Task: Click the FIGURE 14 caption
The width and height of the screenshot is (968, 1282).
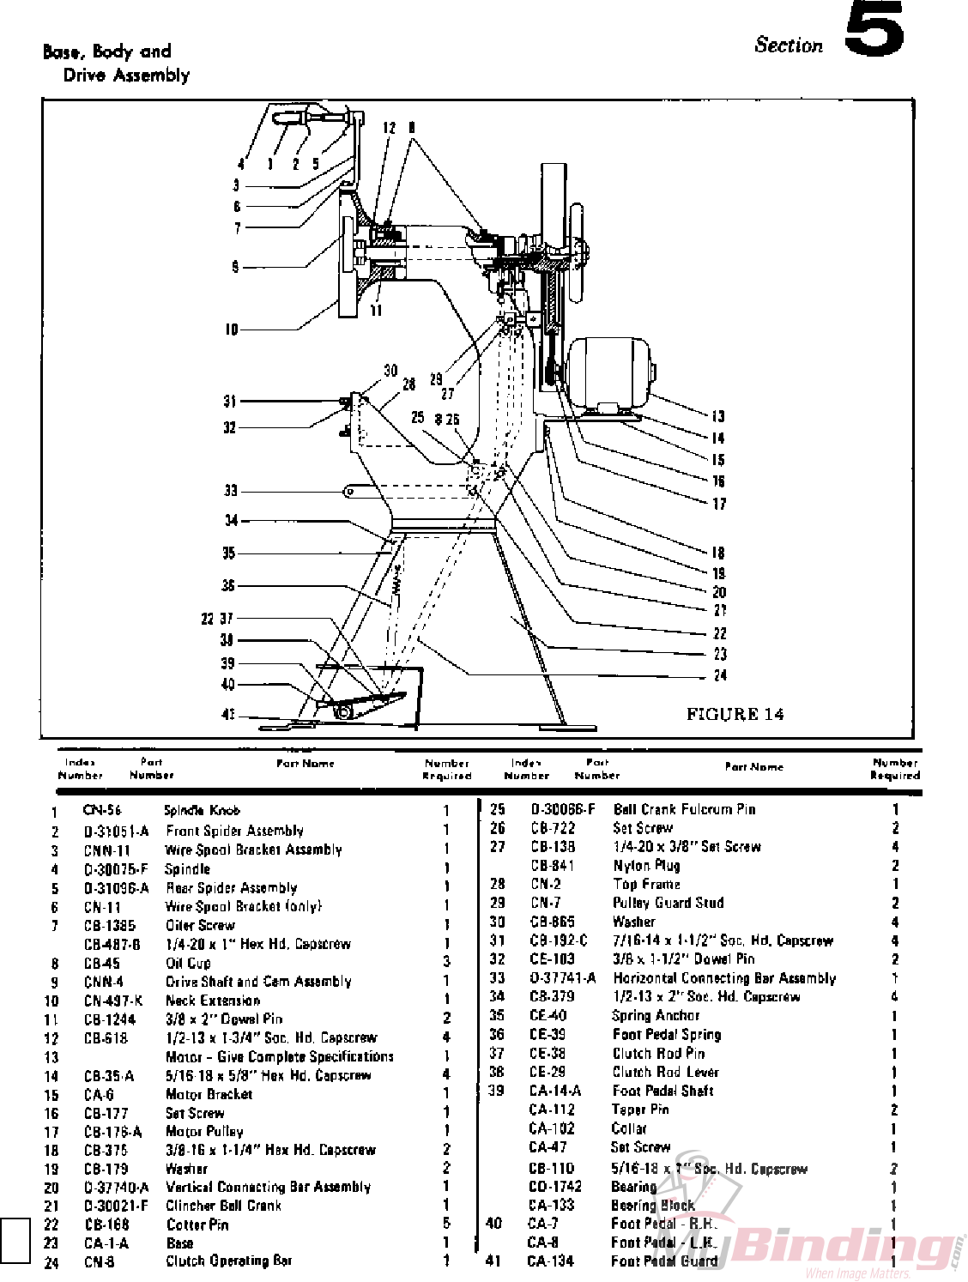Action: point(735,714)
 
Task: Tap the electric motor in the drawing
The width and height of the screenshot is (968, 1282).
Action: point(609,371)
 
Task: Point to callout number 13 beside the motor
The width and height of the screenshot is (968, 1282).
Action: point(717,416)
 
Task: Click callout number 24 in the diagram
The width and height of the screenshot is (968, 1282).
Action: point(719,675)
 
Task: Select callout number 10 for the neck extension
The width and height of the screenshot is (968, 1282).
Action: point(231,329)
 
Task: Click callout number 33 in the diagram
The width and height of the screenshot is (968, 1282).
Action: point(230,491)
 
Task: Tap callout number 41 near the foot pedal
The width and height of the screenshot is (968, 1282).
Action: point(227,714)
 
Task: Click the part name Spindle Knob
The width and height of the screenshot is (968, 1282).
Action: point(202,810)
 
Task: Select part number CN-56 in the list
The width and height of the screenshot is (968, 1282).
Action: point(102,810)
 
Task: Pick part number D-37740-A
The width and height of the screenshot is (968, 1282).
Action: point(116,1188)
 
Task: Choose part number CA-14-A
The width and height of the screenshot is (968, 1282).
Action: point(554,1091)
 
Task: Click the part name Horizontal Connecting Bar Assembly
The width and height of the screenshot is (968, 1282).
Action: point(724,978)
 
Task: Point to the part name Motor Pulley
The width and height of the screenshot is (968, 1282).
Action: point(204,1132)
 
